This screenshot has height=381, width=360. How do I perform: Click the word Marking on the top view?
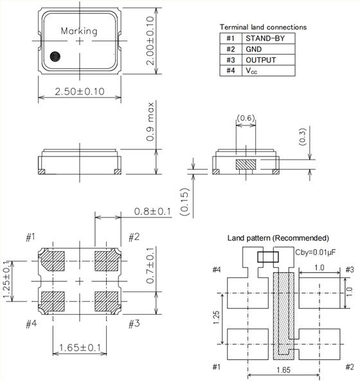tap(79, 31)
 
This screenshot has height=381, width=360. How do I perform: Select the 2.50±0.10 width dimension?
tap(80, 91)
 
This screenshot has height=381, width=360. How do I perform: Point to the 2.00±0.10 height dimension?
tap(148, 38)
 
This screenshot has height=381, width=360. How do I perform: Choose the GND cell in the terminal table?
tap(255, 49)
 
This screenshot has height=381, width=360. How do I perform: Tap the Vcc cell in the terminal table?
tap(253, 70)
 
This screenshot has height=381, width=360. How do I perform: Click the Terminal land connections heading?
tap(263, 27)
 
